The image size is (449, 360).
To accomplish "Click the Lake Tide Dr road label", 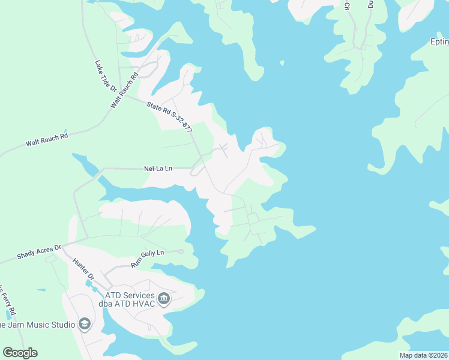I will coord(104,76).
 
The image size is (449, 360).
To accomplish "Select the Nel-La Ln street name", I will coord(158,169).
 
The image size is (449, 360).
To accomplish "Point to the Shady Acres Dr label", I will coord(39,252).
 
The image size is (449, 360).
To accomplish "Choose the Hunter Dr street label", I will coord(83,271).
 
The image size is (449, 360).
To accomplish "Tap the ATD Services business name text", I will coord(130,295).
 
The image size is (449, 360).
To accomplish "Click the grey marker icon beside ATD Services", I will coord(164,298).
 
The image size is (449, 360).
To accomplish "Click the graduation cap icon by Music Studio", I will coord(85,325).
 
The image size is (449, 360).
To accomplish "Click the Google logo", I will coord(20,352).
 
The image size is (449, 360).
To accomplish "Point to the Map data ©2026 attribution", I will coord(423,355).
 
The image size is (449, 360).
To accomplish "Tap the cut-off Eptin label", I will coord(439,42).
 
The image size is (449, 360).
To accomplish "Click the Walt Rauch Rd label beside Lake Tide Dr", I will coord(124,91).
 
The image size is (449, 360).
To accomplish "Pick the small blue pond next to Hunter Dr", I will coord(89,282).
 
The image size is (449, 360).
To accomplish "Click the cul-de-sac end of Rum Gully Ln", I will coord(181,251).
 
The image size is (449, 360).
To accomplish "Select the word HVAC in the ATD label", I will coord(142,304).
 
